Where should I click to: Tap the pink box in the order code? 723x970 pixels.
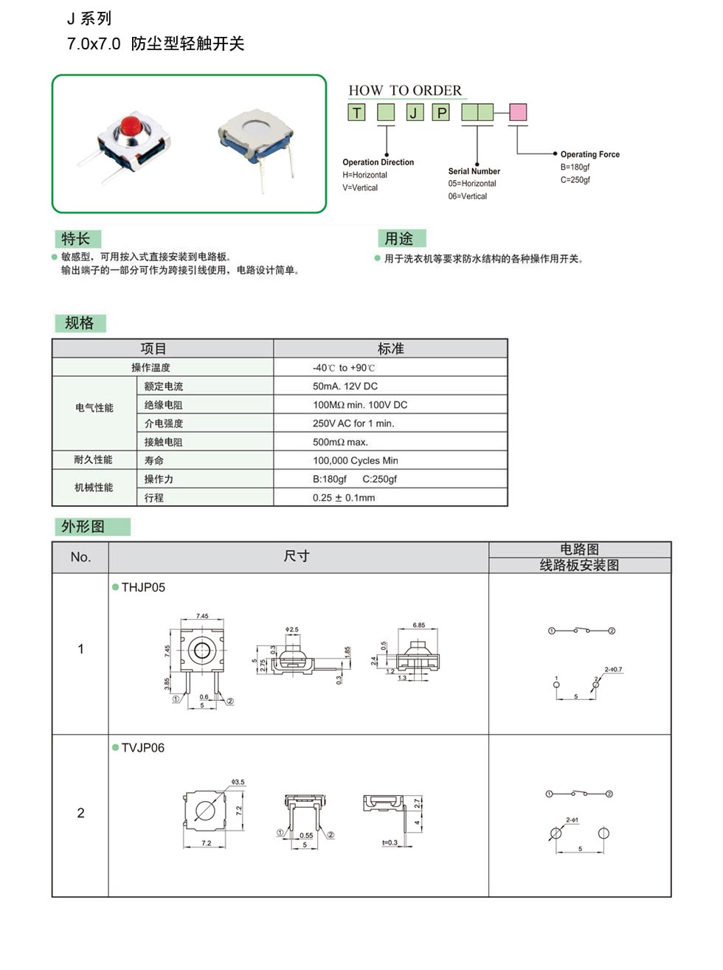[x=518, y=112]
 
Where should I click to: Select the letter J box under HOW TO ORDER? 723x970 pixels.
[x=415, y=112]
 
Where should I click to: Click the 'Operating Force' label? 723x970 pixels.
[x=589, y=154]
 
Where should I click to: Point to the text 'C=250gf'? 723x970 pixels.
[x=575, y=180]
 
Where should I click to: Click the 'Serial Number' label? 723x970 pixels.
[x=474, y=171]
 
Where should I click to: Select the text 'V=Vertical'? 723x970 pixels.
[x=360, y=188]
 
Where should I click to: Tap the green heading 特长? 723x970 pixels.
[x=76, y=239]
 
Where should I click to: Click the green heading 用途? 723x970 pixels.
[x=399, y=239]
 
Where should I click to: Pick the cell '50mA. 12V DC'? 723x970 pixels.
[x=345, y=387]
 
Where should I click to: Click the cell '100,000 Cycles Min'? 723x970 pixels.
[x=355, y=460]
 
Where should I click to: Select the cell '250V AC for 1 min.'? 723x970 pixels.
[x=353, y=423]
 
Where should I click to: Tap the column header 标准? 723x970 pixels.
[x=390, y=349]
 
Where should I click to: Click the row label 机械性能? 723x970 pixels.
[x=94, y=488]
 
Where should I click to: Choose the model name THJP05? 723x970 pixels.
[x=143, y=587]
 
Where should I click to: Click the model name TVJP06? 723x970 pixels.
[x=143, y=748]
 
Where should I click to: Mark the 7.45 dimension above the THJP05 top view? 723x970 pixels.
[x=202, y=616]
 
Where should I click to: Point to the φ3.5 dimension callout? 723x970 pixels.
[x=238, y=782]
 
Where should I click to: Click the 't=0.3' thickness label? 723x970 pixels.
[x=390, y=842]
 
